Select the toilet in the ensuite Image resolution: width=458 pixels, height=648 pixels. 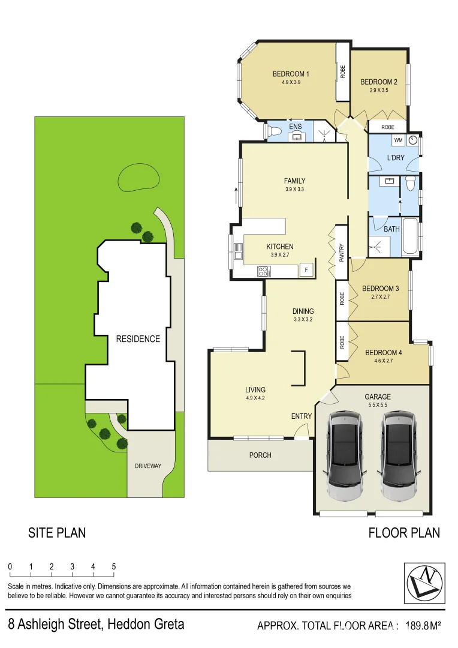(271, 131)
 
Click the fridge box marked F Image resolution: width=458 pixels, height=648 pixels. (306, 269)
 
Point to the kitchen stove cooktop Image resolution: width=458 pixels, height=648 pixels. (263, 271)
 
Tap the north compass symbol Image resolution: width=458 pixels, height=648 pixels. (425, 583)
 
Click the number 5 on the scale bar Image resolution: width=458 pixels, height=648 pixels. (113, 567)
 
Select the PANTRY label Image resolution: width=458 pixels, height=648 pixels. (342, 252)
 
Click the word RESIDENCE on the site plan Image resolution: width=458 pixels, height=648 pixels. (138, 339)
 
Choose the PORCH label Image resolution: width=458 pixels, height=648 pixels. (260, 455)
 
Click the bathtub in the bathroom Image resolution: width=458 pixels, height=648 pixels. (411, 237)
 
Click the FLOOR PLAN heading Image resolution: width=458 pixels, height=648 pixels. (403, 533)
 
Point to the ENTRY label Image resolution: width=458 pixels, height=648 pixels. (302, 416)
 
